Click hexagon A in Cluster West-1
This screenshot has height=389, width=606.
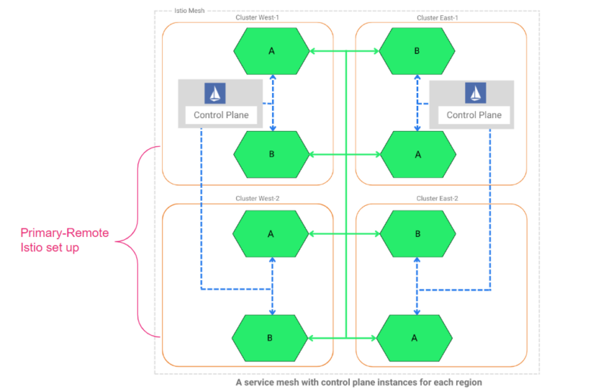tap(271, 51)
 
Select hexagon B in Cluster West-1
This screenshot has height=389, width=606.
tap(271, 154)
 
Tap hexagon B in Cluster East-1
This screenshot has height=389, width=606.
tap(417, 51)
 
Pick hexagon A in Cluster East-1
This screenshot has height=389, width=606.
tap(417, 154)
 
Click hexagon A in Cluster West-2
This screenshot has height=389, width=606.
tap(271, 233)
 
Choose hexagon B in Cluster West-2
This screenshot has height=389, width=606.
tap(271, 336)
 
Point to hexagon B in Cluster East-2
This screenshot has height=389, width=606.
tap(417, 233)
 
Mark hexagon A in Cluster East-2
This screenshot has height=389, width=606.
tap(414, 338)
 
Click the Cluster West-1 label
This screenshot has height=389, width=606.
tap(258, 17)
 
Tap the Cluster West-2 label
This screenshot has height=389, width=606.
tap(258, 198)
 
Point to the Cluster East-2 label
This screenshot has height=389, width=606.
tap(437, 198)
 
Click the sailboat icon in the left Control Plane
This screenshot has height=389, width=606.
tap(216, 93)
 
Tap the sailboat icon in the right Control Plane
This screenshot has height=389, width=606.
tap(474, 93)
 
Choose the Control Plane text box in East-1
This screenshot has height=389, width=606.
tap(474, 116)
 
